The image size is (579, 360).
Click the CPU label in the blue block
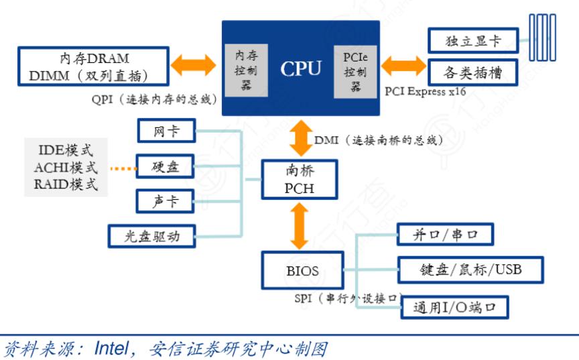[x=301, y=68]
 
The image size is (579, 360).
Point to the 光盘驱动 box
[x=153, y=235]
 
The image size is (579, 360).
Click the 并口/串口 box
[x=446, y=235]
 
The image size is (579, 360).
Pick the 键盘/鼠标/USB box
[x=470, y=270]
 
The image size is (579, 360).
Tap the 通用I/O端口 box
[x=454, y=308]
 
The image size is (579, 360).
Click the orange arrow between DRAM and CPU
[x=194, y=65]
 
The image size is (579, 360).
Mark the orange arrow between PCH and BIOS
[x=299, y=226]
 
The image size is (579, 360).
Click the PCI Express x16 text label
[x=426, y=91]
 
